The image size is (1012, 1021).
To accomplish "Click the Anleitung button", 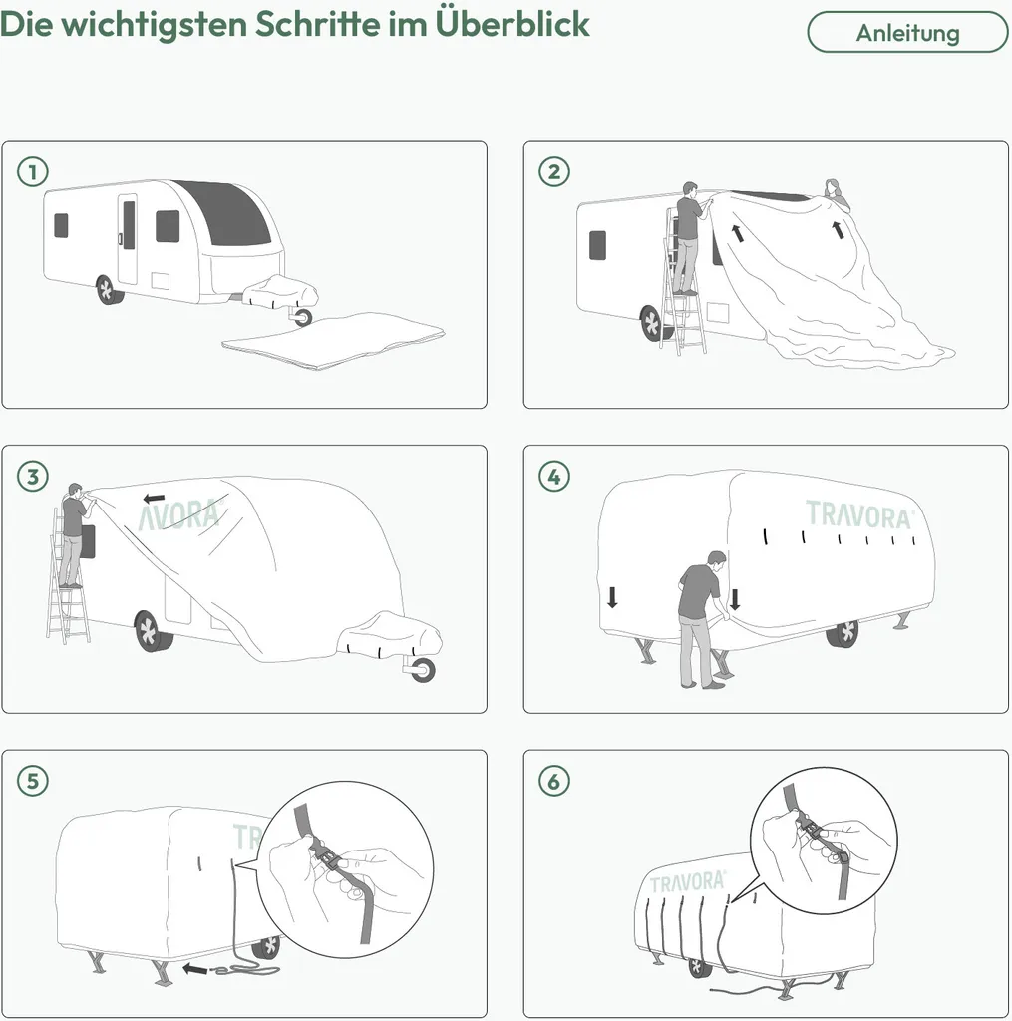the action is tap(907, 32).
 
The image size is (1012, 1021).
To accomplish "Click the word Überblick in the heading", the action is tap(511, 24).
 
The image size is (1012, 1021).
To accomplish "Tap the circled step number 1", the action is tap(33, 171).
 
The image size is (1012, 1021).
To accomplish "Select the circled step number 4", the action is tap(554, 476).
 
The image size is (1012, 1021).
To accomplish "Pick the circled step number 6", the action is tap(554, 781).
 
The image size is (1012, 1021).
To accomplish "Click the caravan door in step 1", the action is tap(128, 239).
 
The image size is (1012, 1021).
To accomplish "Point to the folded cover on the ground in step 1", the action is tap(333, 340).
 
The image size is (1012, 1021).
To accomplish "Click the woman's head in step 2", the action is tap(832, 188).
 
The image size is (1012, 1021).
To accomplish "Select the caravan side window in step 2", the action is tap(597, 245).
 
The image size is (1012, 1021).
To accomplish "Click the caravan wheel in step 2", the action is tap(652, 324).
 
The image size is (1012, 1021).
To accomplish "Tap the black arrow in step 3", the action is tap(154, 499).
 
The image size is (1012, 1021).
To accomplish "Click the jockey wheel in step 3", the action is tap(422, 669).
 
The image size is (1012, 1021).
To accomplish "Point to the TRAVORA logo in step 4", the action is tap(859, 515).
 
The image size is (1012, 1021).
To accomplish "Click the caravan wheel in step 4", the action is tap(843, 632).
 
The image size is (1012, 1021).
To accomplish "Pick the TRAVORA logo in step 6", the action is tap(688, 883).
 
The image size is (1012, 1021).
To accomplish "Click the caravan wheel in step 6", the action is tap(699, 967).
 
